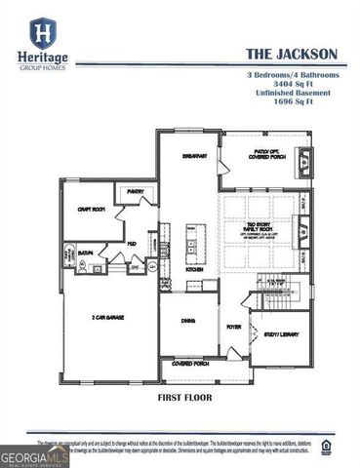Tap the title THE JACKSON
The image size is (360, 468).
(291, 56)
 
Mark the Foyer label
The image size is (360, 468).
(234, 327)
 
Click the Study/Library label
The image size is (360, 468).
(283, 334)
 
